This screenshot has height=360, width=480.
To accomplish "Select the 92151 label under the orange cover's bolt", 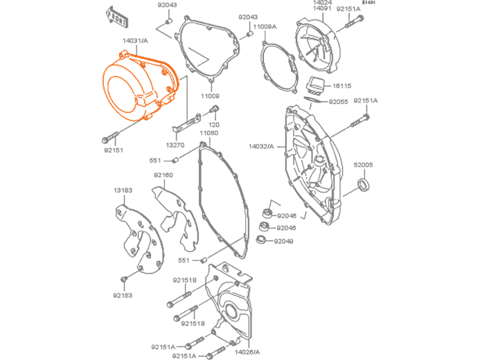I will pyautogui.click(x=114, y=150).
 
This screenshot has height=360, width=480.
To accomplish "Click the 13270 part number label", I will pyautogui.click(x=174, y=145).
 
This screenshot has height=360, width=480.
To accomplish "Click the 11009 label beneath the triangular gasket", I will pyautogui.click(x=210, y=96).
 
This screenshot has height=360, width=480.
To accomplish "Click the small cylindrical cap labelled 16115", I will pyautogui.click(x=316, y=87).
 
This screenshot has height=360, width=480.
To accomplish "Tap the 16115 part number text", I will pyautogui.click(x=342, y=86).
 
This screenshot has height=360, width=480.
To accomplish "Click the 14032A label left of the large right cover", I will pyautogui.click(x=261, y=147).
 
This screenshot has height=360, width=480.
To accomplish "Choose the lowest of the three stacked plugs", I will pyautogui.click(x=260, y=240).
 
